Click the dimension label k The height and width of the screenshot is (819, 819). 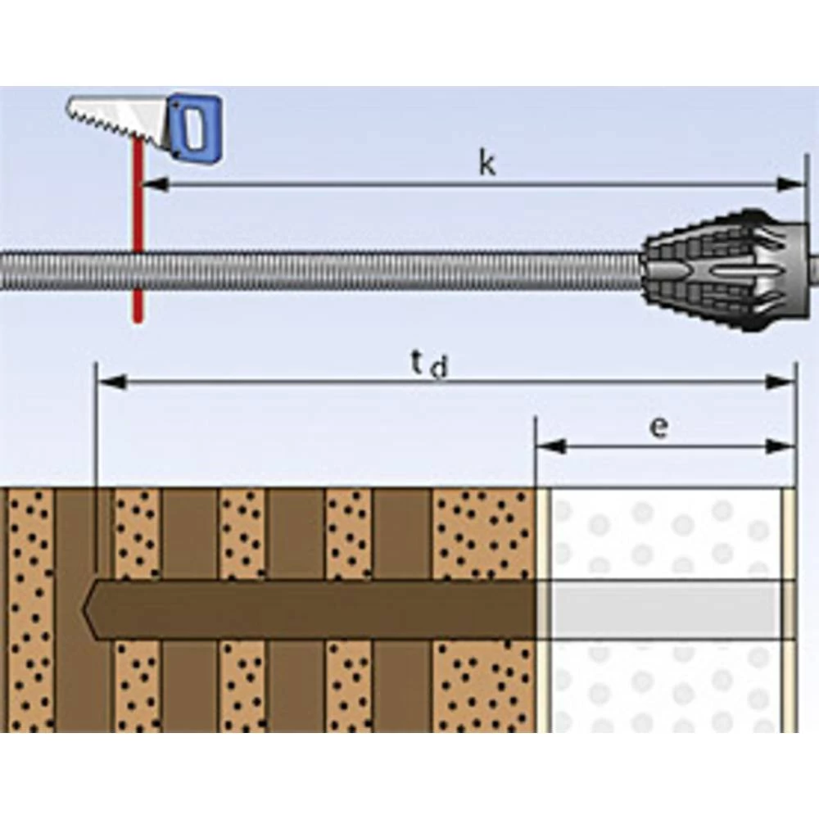[487, 165]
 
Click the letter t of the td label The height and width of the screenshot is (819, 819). [417, 361]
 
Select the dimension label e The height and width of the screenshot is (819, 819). [658, 428]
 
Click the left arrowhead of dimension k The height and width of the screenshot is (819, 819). [156, 184]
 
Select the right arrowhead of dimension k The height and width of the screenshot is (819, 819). [792, 184]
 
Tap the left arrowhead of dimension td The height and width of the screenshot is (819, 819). [111, 382]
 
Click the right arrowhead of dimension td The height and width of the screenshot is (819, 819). [781, 382]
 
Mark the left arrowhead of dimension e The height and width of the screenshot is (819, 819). [551, 446]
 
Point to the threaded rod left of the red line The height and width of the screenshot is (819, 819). [66, 271]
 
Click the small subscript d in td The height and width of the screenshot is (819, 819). [439, 370]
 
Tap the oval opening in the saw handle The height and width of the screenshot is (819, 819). [193, 127]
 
